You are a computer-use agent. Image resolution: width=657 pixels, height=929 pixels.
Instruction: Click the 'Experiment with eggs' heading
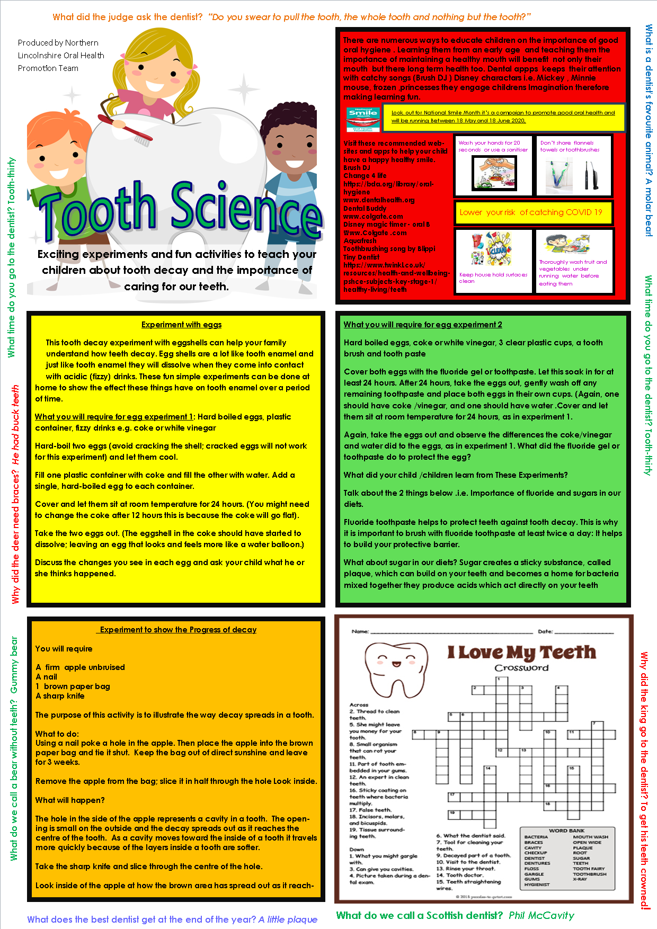click(x=181, y=325)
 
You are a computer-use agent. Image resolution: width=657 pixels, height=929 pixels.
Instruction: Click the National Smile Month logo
click(x=363, y=120)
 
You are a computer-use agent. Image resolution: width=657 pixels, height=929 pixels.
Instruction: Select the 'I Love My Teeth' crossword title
click(x=521, y=652)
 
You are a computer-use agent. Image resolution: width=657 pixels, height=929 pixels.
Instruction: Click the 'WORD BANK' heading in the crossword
click(x=566, y=830)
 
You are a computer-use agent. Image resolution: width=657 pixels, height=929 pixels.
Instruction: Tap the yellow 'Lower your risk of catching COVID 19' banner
click(x=531, y=212)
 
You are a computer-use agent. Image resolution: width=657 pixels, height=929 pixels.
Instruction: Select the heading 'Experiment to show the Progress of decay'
click(x=179, y=630)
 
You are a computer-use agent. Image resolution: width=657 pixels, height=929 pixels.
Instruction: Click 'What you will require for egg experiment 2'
click(x=423, y=325)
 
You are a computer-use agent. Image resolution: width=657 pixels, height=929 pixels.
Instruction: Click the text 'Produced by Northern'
click(x=58, y=43)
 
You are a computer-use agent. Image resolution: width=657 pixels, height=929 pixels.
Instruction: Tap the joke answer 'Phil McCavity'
click(x=541, y=915)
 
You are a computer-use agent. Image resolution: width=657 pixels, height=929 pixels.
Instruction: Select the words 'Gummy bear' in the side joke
click(x=14, y=665)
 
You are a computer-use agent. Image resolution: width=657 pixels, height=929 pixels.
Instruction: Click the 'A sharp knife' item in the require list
click(x=60, y=696)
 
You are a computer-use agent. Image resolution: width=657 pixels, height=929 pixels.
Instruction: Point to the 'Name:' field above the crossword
click(x=360, y=631)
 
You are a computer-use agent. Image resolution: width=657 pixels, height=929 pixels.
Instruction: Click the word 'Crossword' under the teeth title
click(x=521, y=668)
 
